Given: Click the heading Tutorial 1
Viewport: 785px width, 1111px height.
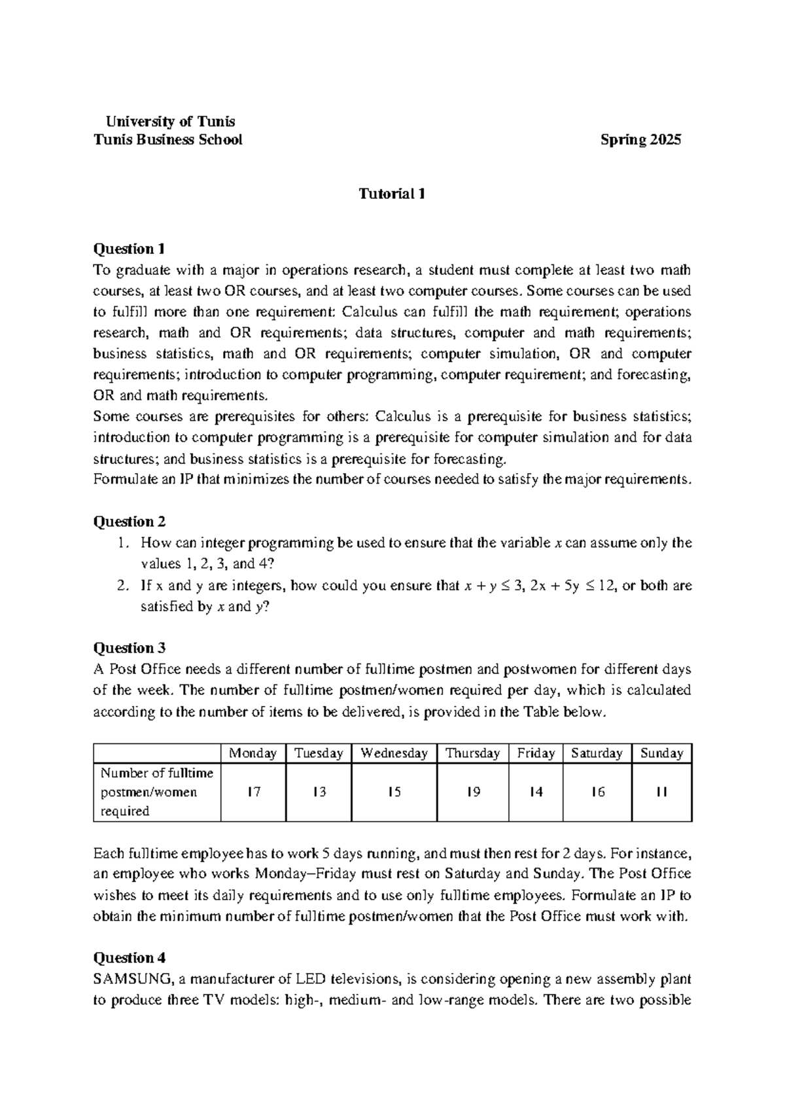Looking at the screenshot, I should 392,194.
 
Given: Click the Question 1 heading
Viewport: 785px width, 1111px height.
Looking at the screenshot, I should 130,249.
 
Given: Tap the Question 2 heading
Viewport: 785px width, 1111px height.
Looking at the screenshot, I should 130,522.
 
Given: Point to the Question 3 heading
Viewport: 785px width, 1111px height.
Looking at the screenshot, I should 130,648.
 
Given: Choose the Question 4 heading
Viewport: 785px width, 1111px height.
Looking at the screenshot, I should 130,959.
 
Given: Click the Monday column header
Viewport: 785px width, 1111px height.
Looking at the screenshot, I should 253,753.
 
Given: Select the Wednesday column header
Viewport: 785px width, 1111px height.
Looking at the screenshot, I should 394,753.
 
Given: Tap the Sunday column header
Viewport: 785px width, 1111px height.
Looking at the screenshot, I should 661,753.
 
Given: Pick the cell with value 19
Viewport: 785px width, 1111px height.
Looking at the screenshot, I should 473,792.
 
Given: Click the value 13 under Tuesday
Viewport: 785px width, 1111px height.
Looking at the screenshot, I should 319,792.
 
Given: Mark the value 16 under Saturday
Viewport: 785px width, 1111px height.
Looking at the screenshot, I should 597,792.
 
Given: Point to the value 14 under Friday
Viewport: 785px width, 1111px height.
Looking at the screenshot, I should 536,792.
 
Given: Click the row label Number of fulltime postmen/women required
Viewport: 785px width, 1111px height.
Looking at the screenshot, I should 157,792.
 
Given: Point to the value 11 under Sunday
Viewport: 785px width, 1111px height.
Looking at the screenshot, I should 661,792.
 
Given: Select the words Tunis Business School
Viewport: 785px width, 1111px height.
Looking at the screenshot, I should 168,140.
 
